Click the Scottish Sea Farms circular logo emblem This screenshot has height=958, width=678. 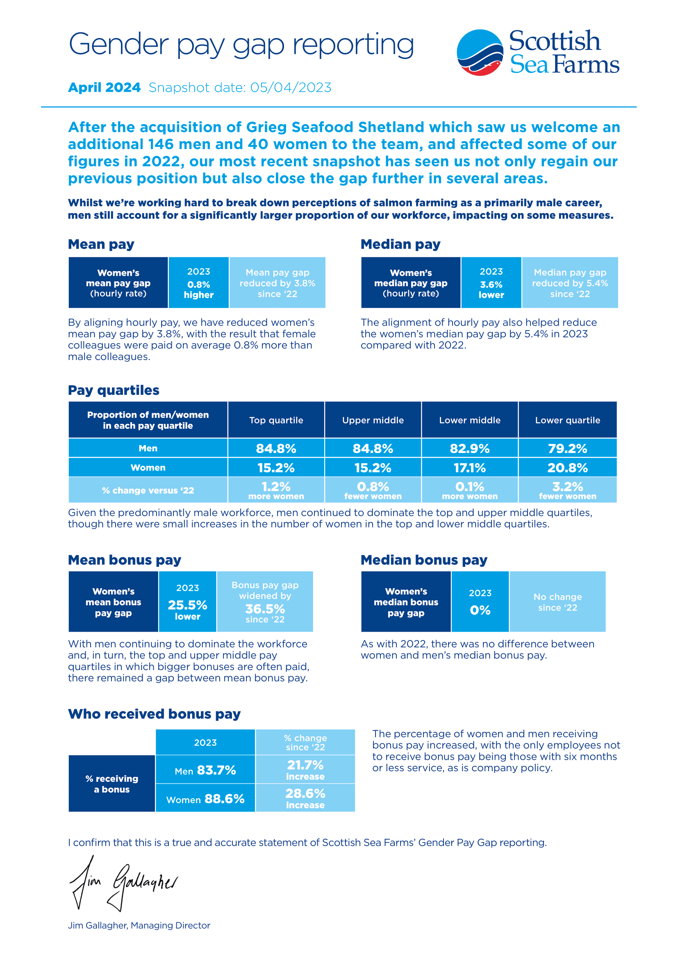click(x=480, y=52)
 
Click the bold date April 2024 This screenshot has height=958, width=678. click(x=105, y=88)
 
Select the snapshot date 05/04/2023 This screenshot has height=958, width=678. click(x=290, y=88)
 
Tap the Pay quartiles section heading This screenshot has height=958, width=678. click(x=114, y=390)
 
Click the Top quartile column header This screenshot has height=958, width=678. click(x=276, y=420)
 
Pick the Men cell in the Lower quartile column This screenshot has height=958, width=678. click(x=567, y=448)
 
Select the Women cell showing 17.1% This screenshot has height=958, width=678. click(x=470, y=468)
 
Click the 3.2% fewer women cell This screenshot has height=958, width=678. click(x=567, y=490)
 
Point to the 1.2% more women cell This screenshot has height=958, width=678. click(x=276, y=490)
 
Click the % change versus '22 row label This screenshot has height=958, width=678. click(x=148, y=490)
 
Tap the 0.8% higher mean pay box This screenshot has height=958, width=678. click(x=199, y=283)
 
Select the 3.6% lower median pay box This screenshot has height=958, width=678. click(x=491, y=283)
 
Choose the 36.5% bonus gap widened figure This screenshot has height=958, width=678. click(x=265, y=609)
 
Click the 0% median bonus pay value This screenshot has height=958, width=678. click(x=480, y=610)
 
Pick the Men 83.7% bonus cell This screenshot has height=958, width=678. click(x=205, y=770)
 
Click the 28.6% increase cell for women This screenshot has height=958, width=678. click(x=305, y=798)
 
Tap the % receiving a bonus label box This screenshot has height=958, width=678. click(x=111, y=784)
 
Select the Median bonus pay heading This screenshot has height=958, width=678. click(x=424, y=560)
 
